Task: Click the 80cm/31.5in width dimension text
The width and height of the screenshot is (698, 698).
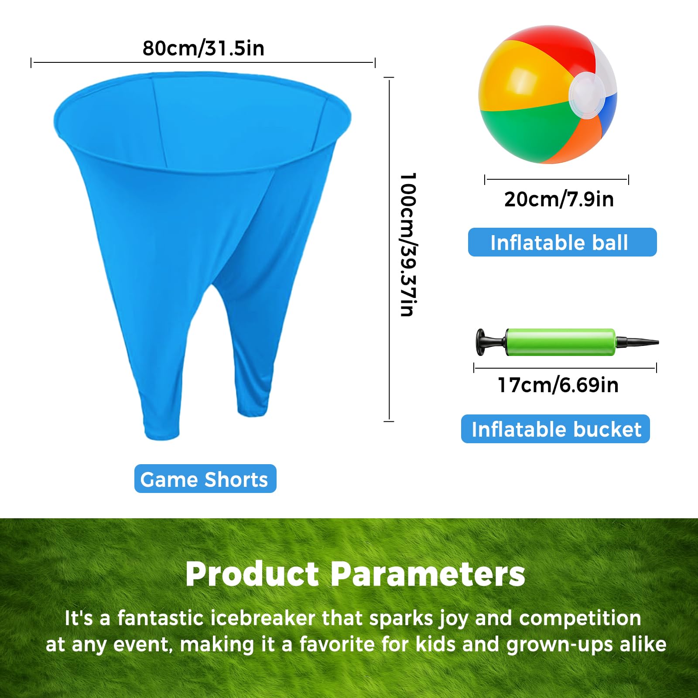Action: click(x=203, y=48)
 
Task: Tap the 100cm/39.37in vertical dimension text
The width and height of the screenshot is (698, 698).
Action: click(x=408, y=244)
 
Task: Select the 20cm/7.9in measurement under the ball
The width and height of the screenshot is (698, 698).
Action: click(x=559, y=199)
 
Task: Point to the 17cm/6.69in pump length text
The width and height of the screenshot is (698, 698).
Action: click(x=558, y=385)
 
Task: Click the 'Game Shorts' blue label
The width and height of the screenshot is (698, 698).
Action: click(x=205, y=479)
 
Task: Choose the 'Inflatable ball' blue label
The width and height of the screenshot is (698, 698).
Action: click(x=562, y=242)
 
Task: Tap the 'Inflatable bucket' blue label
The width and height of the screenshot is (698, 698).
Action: click(x=555, y=429)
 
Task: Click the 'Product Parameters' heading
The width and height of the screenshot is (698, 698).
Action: click(x=355, y=574)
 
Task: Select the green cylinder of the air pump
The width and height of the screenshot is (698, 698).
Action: click(x=561, y=342)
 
